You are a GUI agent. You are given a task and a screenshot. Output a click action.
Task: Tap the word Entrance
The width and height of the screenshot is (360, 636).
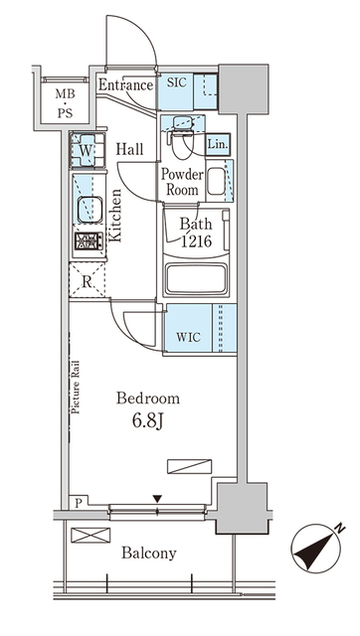click(x=125, y=85)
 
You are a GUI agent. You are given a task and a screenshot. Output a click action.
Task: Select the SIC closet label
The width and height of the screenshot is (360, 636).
click(x=176, y=83)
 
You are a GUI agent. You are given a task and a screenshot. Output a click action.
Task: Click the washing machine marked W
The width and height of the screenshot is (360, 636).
click(x=86, y=151)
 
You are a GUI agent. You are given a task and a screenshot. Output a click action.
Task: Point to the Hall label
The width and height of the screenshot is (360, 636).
click(x=130, y=149)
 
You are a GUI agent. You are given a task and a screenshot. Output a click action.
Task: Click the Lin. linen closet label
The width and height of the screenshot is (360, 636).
click(x=218, y=146)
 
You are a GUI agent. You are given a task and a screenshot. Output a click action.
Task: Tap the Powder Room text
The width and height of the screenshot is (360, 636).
click(x=183, y=182)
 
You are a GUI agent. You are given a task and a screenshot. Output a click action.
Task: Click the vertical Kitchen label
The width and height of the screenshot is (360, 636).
click(x=115, y=216)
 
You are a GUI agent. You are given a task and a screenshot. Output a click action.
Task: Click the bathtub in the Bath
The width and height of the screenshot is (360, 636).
click(x=196, y=277)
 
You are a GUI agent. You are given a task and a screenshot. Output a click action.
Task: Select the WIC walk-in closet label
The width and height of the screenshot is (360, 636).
click(x=188, y=335)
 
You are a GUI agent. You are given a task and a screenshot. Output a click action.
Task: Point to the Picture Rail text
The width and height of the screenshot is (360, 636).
click(x=76, y=406)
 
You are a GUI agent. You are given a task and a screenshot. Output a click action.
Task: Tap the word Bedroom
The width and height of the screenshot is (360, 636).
click(x=148, y=398)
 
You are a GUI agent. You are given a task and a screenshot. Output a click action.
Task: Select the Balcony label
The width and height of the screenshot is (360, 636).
click(x=149, y=553)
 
